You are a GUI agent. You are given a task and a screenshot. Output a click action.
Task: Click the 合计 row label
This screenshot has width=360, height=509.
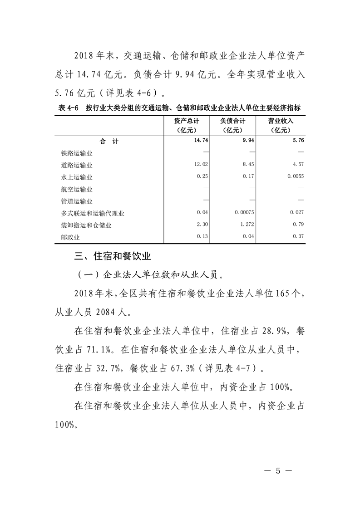tap(109, 142)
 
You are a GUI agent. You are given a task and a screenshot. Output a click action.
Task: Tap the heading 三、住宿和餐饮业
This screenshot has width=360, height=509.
tap(113, 257)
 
